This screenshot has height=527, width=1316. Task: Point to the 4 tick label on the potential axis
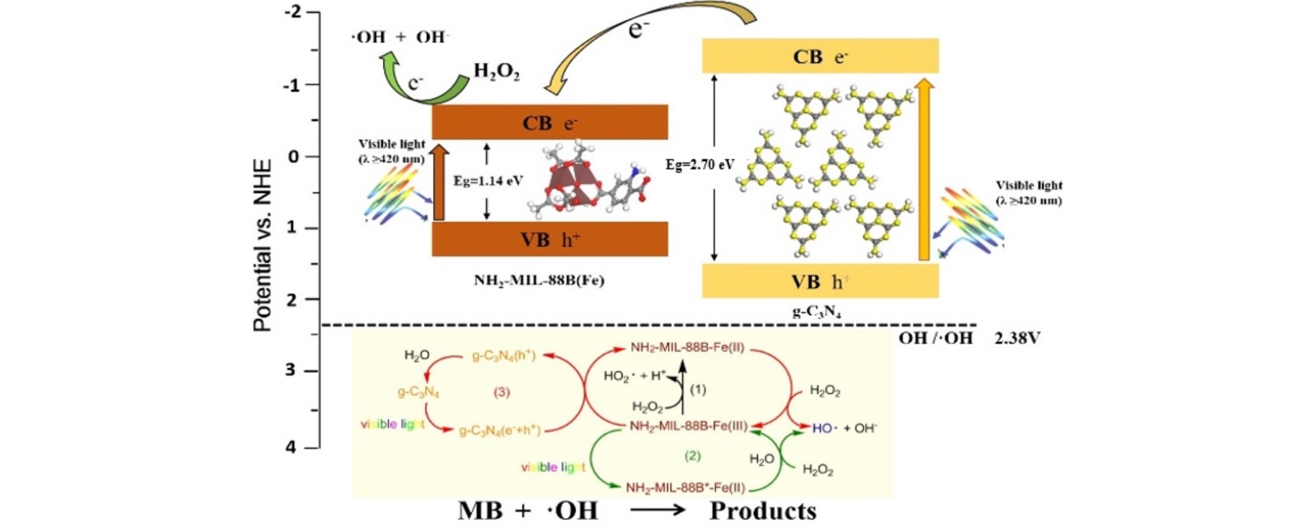click(x=290, y=447)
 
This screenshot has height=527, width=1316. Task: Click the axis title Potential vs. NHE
click(x=262, y=245)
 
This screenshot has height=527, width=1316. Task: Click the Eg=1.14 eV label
click(x=488, y=181)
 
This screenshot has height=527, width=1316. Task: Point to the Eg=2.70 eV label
click(x=700, y=165)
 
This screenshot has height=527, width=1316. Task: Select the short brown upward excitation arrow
click(x=438, y=184)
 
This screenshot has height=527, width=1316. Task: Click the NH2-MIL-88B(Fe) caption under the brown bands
click(x=539, y=280)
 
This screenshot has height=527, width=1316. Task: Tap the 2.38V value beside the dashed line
click(x=1017, y=339)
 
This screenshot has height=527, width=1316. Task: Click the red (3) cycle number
click(x=502, y=393)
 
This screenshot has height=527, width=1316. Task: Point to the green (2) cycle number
click(x=692, y=456)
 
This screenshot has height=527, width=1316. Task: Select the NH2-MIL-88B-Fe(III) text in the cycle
click(x=688, y=426)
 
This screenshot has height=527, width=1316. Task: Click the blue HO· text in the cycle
click(x=822, y=428)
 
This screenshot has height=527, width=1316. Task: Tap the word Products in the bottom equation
click(x=763, y=511)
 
